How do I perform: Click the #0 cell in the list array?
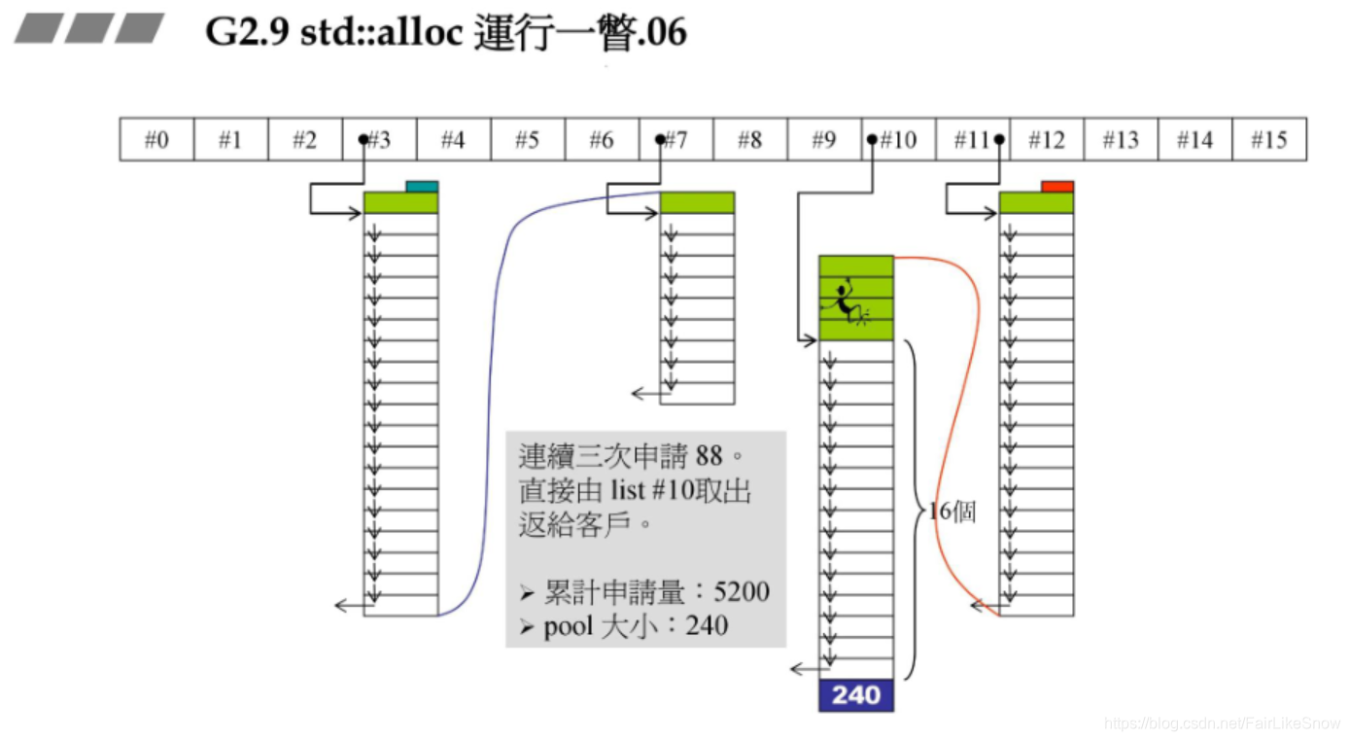[156, 140]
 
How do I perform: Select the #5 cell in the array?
[527, 140]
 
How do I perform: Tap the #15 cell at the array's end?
[1268, 140]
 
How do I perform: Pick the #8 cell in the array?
[749, 140]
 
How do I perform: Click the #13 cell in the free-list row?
[1120, 140]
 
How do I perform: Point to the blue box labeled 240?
[855, 695]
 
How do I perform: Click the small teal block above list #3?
[422, 186]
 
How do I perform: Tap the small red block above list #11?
[1056, 186]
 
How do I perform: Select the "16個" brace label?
[952, 512]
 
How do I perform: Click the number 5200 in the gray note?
[742, 591]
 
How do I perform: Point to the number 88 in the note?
[709, 455]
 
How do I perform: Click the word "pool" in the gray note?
[568, 625]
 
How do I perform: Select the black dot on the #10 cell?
[873, 140]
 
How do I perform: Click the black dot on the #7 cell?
[661, 140]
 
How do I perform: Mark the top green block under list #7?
[697, 202]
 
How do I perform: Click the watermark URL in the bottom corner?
[1223, 723]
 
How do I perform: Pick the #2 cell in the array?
[304, 140]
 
